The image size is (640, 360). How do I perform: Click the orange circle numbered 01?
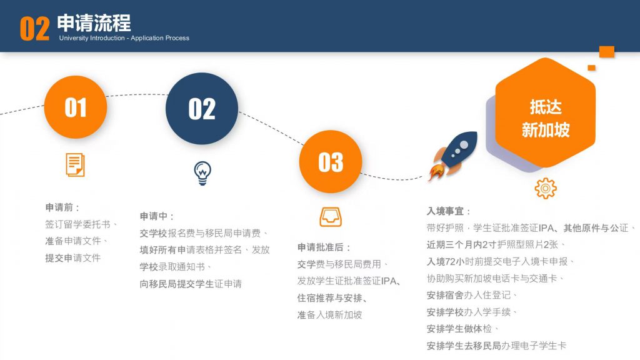click(x=76, y=107)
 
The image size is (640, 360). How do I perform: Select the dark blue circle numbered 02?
click(x=202, y=109)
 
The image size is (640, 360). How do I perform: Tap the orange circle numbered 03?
click(x=331, y=162)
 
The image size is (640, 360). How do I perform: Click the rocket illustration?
click(x=452, y=155)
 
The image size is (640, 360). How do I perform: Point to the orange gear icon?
click(x=546, y=188)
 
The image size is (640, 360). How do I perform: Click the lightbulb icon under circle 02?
click(x=202, y=173)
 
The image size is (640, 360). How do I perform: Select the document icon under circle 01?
click(x=76, y=165)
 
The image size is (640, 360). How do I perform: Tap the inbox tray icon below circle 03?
click(x=331, y=217)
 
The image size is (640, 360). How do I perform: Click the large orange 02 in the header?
click(x=35, y=29)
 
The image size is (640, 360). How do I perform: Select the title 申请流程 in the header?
click(x=94, y=23)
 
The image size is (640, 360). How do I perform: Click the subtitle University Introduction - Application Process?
click(x=124, y=38)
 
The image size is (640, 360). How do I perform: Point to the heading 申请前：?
click(x=62, y=207)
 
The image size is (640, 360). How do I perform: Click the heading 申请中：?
click(x=157, y=216)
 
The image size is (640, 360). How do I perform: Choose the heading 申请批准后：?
click(x=324, y=247)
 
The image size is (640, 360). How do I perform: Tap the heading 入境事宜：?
click(x=449, y=211)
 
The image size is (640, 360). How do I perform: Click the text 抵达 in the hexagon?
click(x=546, y=107)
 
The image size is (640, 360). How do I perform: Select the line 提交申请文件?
click(x=72, y=258)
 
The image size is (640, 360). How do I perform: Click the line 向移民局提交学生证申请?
click(x=191, y=284)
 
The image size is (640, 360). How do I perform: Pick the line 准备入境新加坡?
click(x=329, y=315)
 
